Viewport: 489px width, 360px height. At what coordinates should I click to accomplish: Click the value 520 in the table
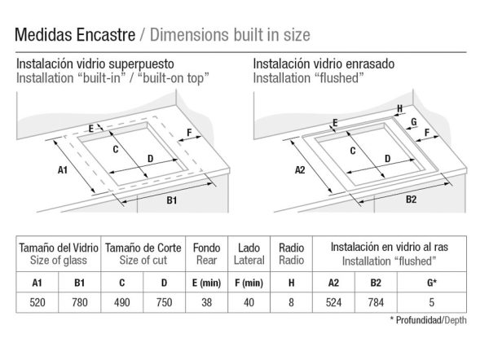click(x=37, y=302)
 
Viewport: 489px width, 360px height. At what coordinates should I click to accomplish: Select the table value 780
click(x=80, y=302)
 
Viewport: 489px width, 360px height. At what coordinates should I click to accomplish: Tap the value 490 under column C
click(x=122, y=302)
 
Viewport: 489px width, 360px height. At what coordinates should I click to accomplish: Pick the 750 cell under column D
click(x=164, y=302)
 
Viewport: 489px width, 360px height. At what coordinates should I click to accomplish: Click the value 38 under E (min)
click(x=206, y=302)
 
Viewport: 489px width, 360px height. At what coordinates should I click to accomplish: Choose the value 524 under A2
click(x=333, y=302)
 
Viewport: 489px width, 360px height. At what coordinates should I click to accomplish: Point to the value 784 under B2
click(x=376, y=302)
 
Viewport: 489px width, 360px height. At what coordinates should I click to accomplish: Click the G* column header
click(x=432, y=283)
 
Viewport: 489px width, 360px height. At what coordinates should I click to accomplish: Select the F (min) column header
click(x=249, y=283)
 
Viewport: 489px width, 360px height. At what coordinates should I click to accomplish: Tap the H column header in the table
click(x=291, y=283)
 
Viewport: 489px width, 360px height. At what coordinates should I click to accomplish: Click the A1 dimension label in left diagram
click(x=63, y=170)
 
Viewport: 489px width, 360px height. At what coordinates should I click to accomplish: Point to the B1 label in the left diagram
click(x=172, y=200)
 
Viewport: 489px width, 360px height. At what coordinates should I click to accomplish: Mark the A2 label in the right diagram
click(x=300, y=170)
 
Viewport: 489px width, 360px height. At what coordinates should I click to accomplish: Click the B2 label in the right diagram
click(x=411, y=200)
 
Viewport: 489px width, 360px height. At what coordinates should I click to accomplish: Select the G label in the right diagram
click(x=414, y=121)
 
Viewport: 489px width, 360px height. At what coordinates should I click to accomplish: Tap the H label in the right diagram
click(x=400, y=109)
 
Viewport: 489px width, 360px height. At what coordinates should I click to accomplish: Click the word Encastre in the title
click(x=105, y=34)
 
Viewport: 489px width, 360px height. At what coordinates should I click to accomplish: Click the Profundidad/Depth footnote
click(x=429, y=320)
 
